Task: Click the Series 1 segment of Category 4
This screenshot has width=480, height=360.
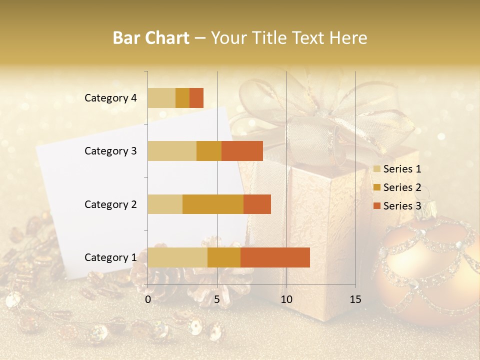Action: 161,98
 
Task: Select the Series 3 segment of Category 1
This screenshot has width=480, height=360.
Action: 275,257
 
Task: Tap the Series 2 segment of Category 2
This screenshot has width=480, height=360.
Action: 213,204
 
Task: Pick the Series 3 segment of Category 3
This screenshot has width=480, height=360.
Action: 242,151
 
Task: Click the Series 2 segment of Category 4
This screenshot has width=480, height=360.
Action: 182,98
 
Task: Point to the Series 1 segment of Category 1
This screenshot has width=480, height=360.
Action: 177,257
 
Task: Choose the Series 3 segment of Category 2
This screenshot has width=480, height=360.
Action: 257,204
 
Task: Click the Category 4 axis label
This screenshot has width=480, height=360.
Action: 110,98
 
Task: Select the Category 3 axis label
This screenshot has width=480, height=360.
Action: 110,151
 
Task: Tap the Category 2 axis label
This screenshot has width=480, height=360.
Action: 110,204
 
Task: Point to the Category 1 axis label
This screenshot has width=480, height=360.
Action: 110,257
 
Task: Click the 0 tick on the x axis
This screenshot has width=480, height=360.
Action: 148,299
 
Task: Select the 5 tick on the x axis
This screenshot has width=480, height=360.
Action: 217,299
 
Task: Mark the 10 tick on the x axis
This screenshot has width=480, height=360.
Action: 286,299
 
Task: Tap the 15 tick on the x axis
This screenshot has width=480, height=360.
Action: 355,299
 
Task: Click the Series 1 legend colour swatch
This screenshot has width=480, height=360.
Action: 376,169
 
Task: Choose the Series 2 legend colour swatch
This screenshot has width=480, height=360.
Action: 376,187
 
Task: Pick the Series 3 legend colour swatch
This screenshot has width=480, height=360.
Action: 376,206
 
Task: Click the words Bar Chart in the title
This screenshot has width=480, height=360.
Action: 151,38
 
